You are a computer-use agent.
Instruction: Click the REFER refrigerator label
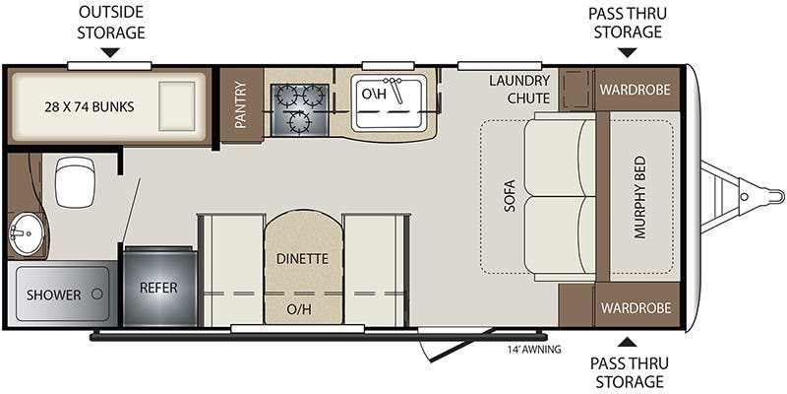157,290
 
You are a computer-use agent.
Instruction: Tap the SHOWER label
46,295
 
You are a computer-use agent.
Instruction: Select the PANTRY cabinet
241,104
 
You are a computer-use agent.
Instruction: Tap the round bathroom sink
22,233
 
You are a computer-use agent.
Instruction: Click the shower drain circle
97,294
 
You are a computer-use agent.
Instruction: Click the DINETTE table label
302,259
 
